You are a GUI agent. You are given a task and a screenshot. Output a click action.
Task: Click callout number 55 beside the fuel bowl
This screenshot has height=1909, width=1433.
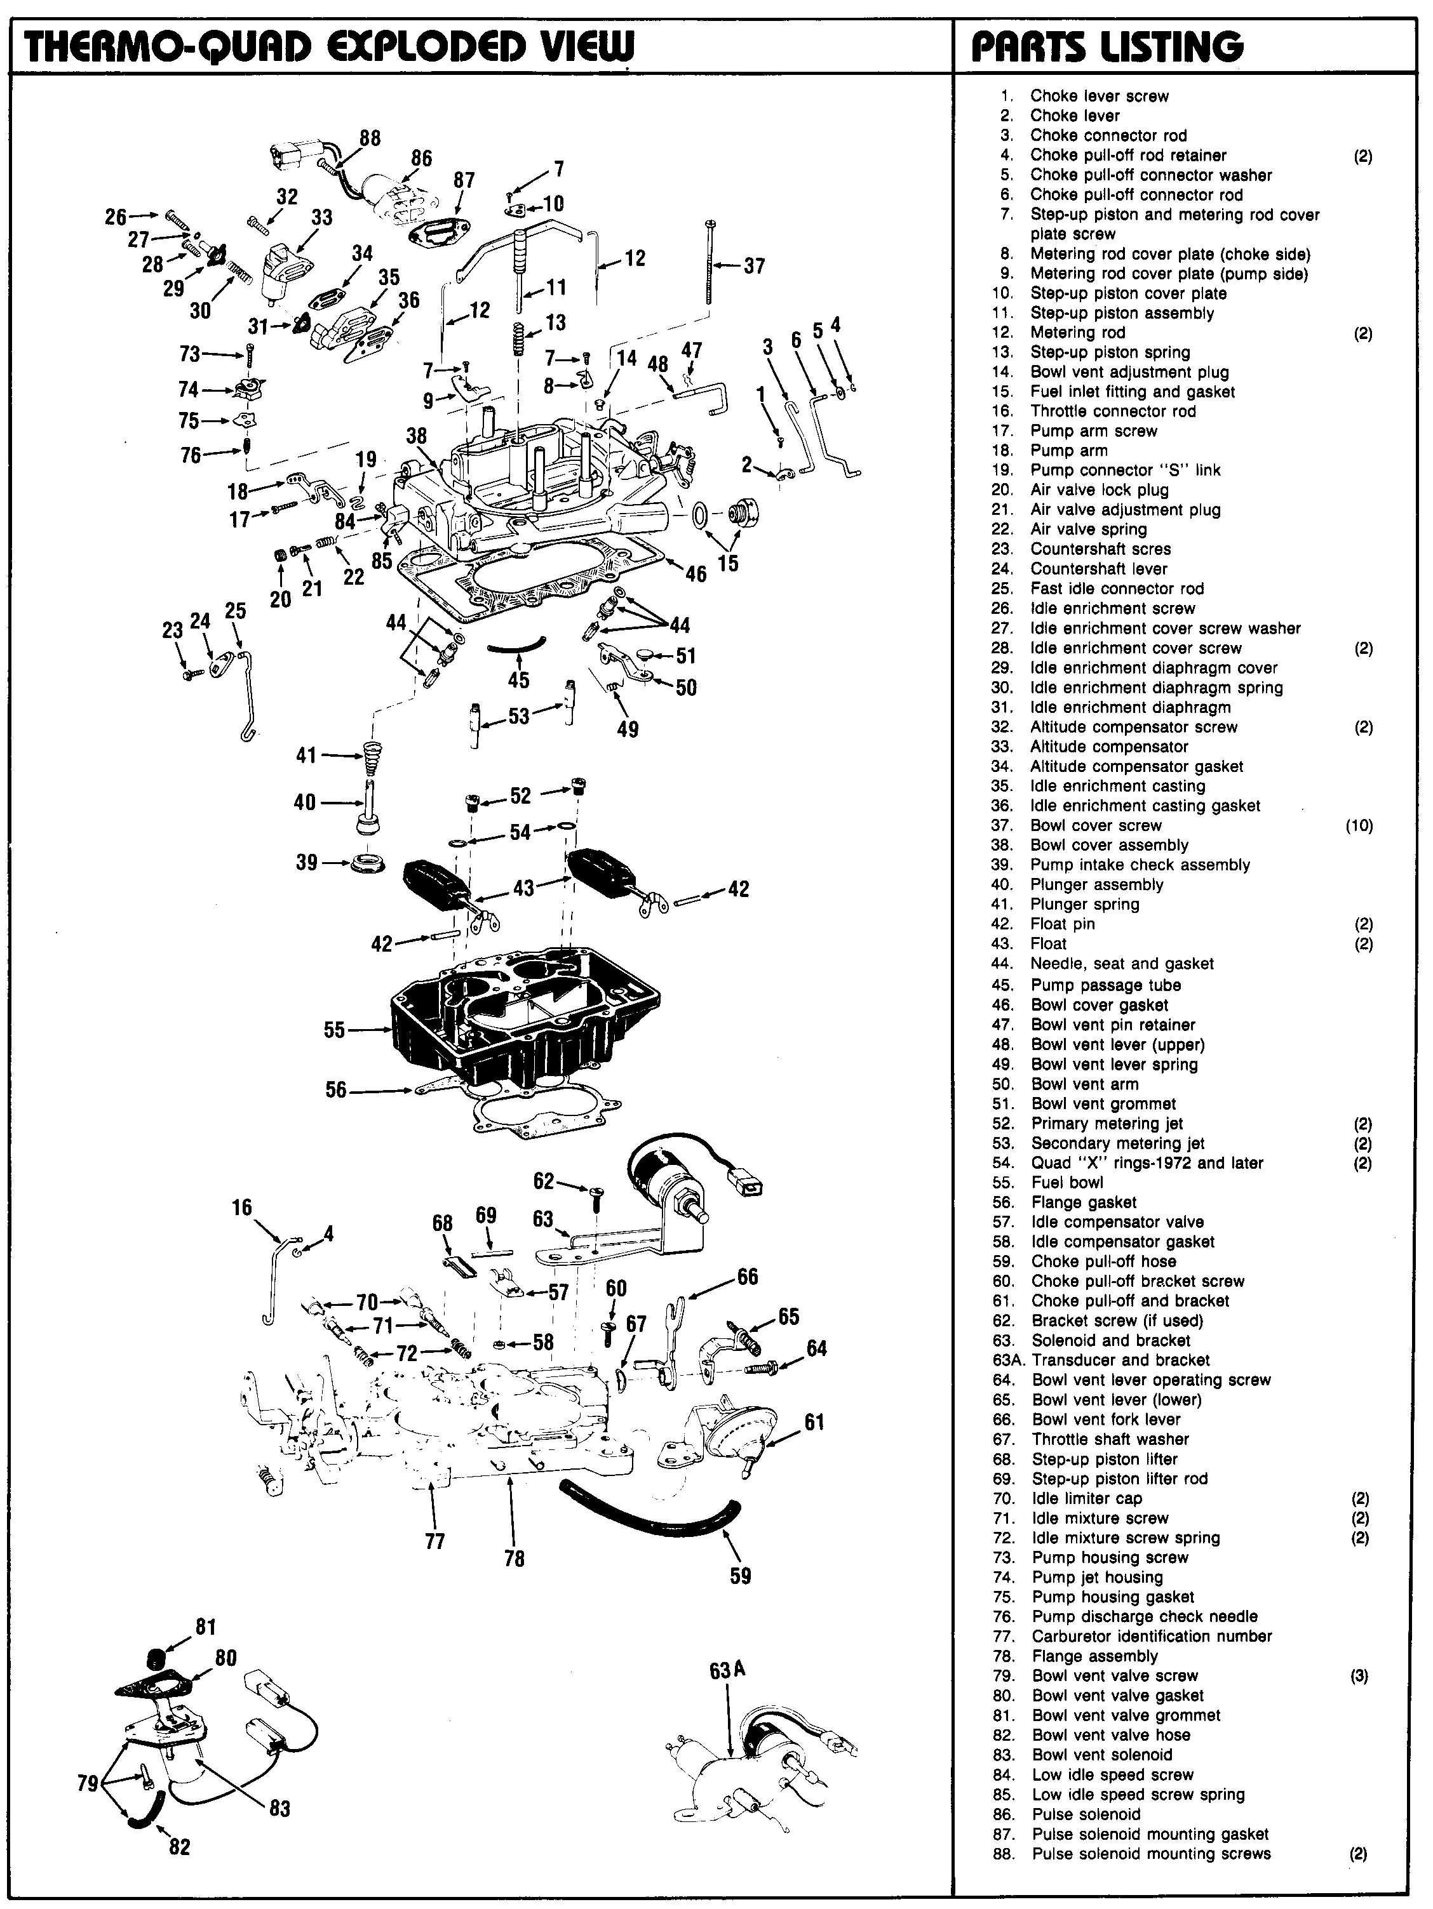(x=334, y=1030)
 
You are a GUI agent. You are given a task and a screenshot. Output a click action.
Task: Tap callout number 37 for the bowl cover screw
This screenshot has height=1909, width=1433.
(x=753, y=266)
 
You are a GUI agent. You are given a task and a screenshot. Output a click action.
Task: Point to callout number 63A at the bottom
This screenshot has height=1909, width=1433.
(x=727, y=1670)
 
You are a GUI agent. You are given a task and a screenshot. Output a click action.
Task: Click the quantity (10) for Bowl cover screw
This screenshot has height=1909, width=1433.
(x=1359, y=826)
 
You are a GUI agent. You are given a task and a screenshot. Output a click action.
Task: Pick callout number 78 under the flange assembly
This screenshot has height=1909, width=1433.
(x=514, y=1559)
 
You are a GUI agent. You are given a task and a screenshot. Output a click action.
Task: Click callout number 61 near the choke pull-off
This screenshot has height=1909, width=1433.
(x=814, y=1421)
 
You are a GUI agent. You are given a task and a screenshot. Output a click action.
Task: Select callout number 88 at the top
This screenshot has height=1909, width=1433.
(x=370, y=138)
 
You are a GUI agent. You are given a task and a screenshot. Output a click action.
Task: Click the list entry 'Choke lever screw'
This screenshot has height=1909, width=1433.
(x=1099, y=96)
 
